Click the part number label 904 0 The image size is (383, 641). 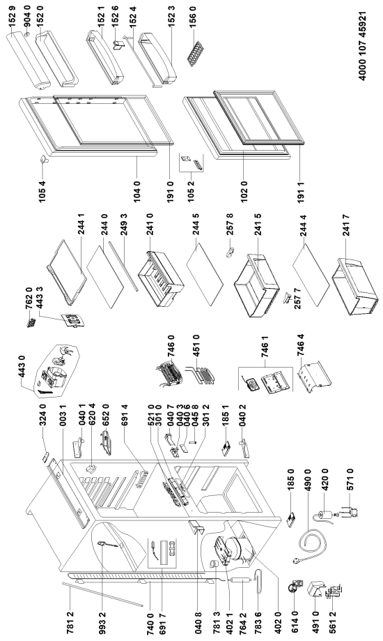pyautogui.click(x=27, y=21)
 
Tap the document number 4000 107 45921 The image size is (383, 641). pyautogui.click(x=362, y=46)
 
